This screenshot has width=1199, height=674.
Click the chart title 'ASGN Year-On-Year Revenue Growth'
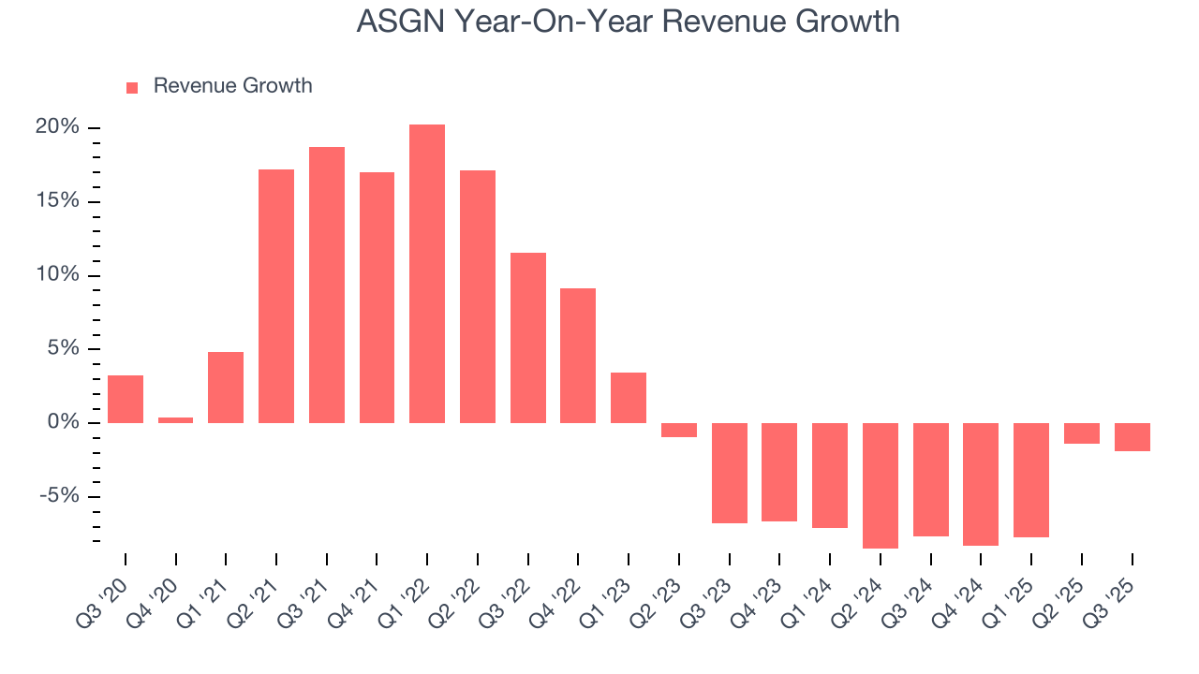[x=628, y=21]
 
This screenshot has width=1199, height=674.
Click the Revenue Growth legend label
[x=232, y=86]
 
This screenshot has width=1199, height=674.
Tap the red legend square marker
[x=132, y=87]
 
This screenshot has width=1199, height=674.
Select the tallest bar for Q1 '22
[x=427, y=273]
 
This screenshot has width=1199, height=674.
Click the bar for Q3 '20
[x=126, y=399]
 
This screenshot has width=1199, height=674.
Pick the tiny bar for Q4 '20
[x=176, y=420]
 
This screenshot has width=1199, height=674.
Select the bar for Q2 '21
[x=276, y=296]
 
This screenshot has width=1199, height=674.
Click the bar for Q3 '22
[x=528, y=338]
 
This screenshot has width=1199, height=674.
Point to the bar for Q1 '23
[x=629, y=398]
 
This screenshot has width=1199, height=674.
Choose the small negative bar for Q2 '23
[x=679, y=430]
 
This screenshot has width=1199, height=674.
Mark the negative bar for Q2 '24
[x=881, y=485]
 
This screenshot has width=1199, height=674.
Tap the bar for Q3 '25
[x=1132, y=437]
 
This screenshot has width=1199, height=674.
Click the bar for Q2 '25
[x=1082, y=433]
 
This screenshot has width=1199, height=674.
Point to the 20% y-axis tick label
[x=58, y=127]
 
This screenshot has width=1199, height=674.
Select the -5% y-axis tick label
[x=59, y=496]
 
